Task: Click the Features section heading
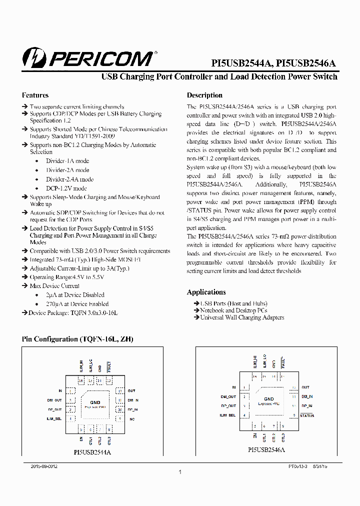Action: [35, 95]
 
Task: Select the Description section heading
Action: [204, 95]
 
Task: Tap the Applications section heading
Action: [206, 292]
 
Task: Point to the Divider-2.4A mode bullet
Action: [69, 179]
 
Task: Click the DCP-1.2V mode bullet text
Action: [66, 188]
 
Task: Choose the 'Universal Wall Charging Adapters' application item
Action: [242, 317]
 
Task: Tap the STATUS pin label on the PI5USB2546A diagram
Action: [307, 415]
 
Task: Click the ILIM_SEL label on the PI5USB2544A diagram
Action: [54, 418]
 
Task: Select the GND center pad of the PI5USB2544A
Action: [95, 402]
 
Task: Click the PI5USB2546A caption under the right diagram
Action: [266, 450]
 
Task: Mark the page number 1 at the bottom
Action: [179, 472]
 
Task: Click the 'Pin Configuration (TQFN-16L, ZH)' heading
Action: [77, 339]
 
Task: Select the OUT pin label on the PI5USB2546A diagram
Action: [305, 387]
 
